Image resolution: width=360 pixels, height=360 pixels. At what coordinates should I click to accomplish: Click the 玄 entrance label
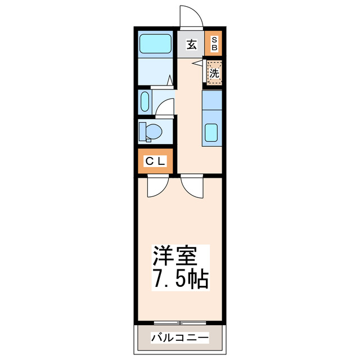click(192, 44)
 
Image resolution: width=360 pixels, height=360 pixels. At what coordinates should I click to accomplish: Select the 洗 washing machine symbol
click(214, 73)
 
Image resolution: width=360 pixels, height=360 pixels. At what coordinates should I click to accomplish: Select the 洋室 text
click(175, 257)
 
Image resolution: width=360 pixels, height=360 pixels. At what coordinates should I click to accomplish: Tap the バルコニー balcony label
click(180, 338)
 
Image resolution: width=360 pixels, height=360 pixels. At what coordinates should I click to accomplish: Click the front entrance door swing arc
click(190, 16)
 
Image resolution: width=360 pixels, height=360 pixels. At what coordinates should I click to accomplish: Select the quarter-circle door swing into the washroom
click(164, 107)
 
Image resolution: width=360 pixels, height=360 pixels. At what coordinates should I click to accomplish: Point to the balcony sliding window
click(180, 322)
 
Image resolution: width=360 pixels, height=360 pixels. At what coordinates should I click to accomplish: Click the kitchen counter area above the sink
click(213, 102)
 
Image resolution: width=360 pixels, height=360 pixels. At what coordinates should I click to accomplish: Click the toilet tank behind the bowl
click(142, 132)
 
